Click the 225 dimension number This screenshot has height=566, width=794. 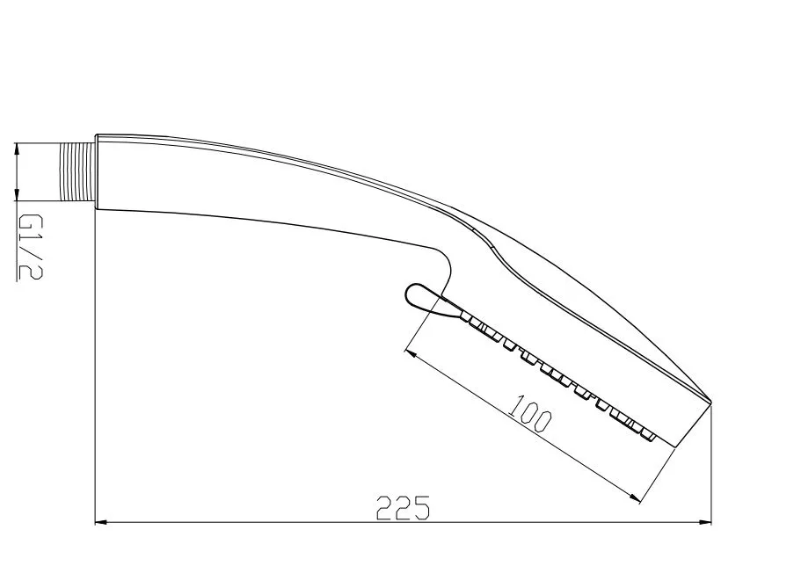(403, 507)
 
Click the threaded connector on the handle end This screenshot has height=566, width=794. (77, 171)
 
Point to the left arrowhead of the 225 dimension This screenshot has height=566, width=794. (102, 521)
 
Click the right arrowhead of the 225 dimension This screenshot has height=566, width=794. (705, 521)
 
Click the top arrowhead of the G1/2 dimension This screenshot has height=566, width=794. (18, 149)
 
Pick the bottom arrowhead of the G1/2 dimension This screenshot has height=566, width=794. (18, 194)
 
